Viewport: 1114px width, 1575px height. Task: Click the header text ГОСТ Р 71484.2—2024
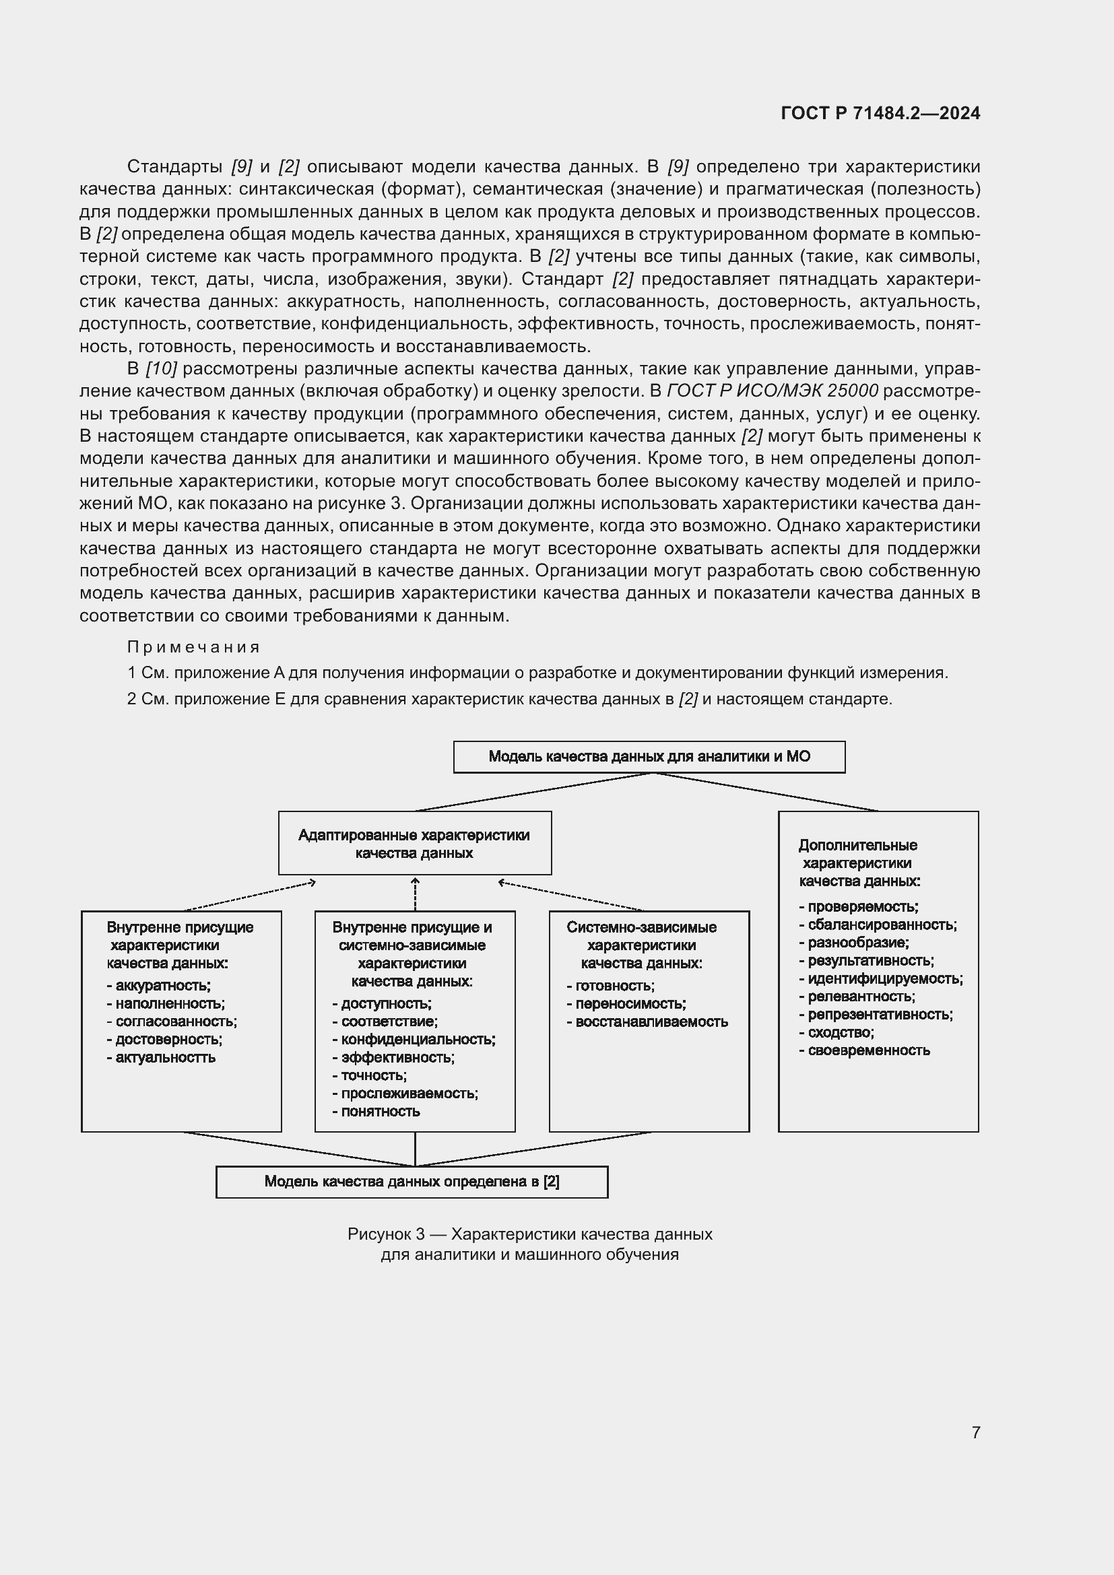[x=880, y=113]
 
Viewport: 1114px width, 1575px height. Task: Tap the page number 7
[x=975, y=1432]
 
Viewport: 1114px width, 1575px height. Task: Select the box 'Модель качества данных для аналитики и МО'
[x=649, y=757]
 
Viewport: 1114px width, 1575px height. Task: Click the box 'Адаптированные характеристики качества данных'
[x=414, y=844]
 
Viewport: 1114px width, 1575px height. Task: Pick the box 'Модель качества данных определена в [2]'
[x=412, y=1181]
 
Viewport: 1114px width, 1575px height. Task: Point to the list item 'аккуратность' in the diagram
[x=162, y=986]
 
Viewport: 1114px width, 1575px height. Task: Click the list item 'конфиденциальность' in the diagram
[x=418, y=1039]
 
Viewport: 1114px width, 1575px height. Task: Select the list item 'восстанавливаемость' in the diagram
[x=651, y=1021]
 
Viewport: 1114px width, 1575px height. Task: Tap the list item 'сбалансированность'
[x=882, y=925]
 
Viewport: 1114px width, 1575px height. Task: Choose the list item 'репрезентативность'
[x=880, y=1014]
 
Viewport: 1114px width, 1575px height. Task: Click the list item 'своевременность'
[x=868, y=1050]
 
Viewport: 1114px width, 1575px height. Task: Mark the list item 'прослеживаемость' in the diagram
[x=409, y=1094]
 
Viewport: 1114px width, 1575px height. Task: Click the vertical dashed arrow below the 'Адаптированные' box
[x=415, y=893]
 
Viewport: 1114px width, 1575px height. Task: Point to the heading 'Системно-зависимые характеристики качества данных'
[x=641, y=945]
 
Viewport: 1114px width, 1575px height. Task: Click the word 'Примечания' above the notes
[x=193, y=647]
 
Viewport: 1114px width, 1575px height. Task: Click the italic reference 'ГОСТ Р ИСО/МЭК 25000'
[x=773, y=391]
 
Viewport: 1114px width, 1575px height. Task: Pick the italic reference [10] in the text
[x=161, y=369]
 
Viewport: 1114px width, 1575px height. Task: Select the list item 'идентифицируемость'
[x=885, y=979]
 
